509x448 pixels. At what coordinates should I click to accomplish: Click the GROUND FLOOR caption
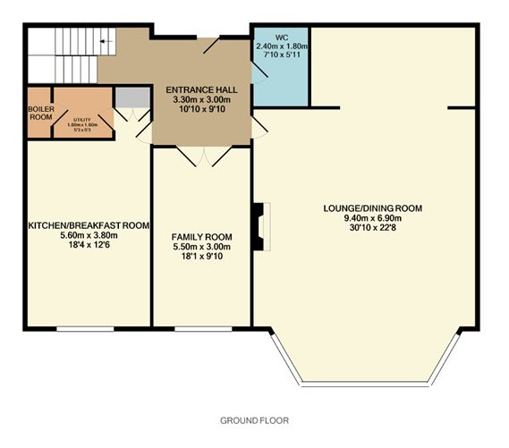point(254,419)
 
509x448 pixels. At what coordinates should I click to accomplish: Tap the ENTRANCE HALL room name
point(200,89)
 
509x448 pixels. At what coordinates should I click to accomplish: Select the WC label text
point(282,38)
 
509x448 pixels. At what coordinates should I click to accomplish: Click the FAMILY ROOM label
point(200,237)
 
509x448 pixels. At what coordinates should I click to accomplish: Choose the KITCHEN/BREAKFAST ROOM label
point(88,224)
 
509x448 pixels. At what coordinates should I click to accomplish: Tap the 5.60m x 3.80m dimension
point(88,235)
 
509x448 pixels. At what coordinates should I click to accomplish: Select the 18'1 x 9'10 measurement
point(200,258)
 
